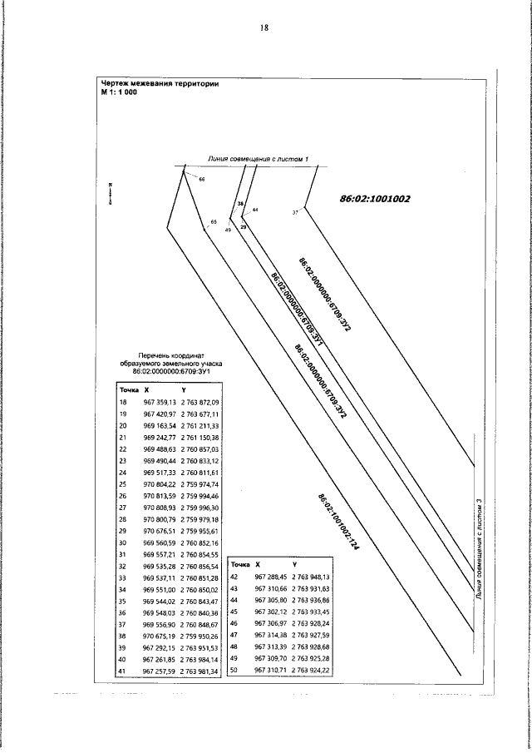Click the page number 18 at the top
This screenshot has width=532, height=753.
264,27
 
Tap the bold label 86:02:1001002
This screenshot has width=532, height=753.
375,199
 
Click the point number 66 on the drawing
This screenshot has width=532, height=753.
201,180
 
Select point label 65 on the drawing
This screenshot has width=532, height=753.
213,221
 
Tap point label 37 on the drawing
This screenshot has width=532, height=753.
294,213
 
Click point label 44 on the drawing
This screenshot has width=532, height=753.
254,210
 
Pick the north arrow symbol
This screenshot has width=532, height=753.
111,193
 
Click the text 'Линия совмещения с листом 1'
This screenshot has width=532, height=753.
259,158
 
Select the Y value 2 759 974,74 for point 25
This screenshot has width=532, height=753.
199,483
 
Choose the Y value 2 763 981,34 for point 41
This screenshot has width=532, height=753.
199,670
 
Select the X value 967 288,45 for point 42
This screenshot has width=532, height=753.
269,577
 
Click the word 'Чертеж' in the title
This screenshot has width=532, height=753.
117,83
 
